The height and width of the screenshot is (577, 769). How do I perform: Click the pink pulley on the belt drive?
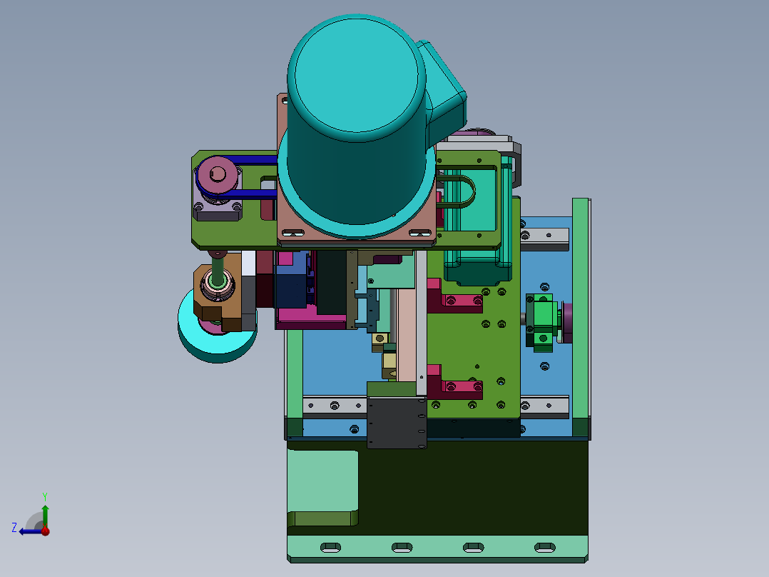coord(218,177)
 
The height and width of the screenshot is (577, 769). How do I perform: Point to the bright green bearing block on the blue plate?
coord(542,322)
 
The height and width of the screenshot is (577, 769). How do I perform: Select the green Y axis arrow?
coord(45,516)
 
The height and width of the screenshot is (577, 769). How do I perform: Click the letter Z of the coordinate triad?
coord(14,528)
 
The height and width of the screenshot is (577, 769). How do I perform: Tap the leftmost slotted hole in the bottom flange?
coord(330,547)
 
